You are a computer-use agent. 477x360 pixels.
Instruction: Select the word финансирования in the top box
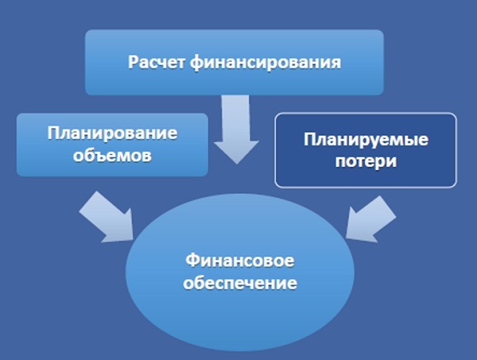[x=264, y=61]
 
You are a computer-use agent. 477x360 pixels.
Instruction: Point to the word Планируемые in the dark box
[x=366, y=139]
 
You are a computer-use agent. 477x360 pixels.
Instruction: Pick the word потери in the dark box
[x=366, y=160]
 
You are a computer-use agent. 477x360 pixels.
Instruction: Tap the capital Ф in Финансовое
[x=192, y=261]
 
